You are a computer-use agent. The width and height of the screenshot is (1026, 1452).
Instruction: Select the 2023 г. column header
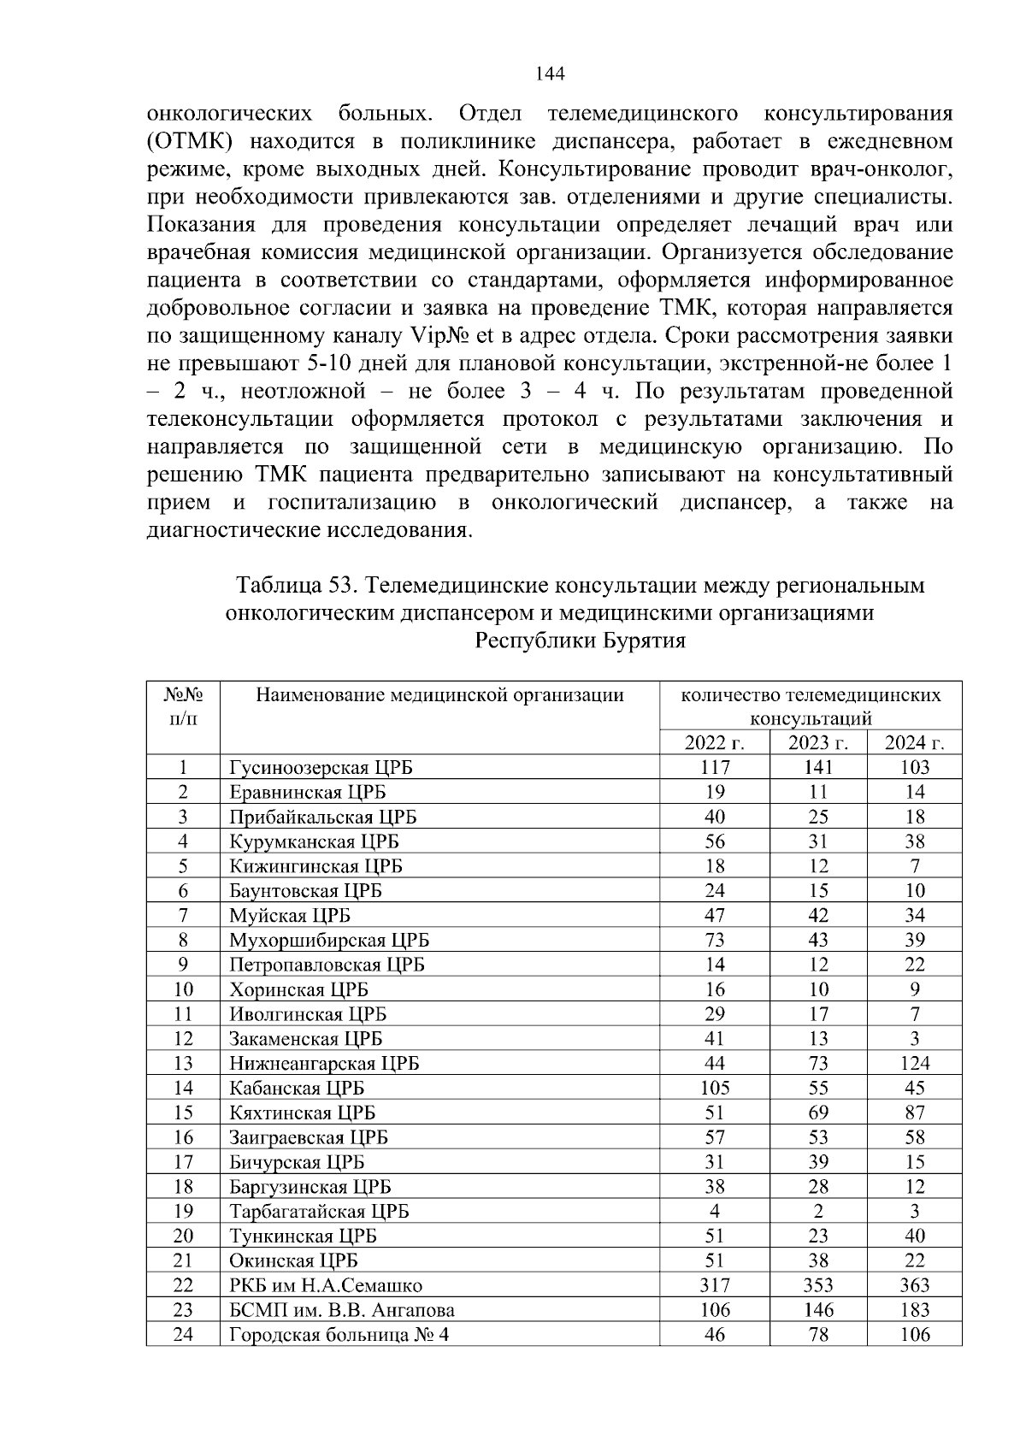coord(817,742)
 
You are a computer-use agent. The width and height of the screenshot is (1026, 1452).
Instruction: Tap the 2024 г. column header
coord(914,742)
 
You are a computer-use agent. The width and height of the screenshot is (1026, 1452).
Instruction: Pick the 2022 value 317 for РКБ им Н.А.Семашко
coord(714,1285)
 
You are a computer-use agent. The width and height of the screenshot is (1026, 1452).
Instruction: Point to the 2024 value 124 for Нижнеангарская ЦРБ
coord(914,1063)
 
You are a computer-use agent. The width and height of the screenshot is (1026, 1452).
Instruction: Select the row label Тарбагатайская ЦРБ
coord(319,1212)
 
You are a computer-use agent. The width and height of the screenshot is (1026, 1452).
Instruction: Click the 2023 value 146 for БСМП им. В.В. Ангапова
coord(818,1310)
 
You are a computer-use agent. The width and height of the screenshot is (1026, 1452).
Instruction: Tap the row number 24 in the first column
coord(183,1335)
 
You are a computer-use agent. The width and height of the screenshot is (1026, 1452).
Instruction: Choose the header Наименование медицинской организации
coord(439,694)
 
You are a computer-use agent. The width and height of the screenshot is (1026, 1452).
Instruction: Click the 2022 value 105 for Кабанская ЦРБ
coord(714,1088)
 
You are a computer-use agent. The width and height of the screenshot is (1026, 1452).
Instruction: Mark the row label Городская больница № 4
coord(339,1335)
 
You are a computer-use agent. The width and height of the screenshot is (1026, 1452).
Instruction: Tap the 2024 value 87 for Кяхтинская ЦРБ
coord(914,1113)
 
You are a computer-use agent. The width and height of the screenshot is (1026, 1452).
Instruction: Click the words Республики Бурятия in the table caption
coord(580,640)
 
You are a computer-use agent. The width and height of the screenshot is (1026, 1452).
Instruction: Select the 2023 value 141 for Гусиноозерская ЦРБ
coord(818,767)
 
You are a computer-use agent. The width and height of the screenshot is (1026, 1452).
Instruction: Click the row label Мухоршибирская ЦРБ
coord(329,941)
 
